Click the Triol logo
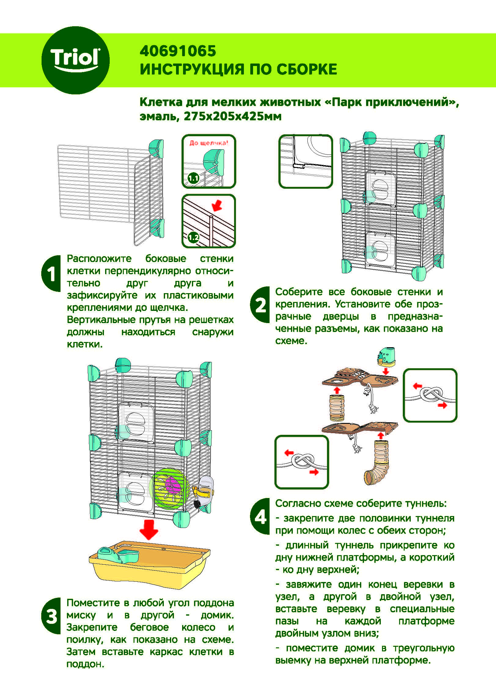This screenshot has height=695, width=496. point(75,60)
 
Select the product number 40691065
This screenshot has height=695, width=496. point(178,51)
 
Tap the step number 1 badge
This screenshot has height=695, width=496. point(51,273)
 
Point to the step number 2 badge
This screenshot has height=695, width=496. point(260,305)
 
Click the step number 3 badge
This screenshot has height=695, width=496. point(51,616)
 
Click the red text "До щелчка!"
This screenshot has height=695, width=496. point(208,143)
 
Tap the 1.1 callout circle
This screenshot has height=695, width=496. point(193,178)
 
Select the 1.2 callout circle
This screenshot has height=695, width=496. point(193,237)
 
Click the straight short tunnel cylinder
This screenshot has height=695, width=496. point(336,408)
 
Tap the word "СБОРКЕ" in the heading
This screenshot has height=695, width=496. point(307,69)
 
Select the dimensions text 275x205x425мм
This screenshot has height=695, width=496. point(233,116)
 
